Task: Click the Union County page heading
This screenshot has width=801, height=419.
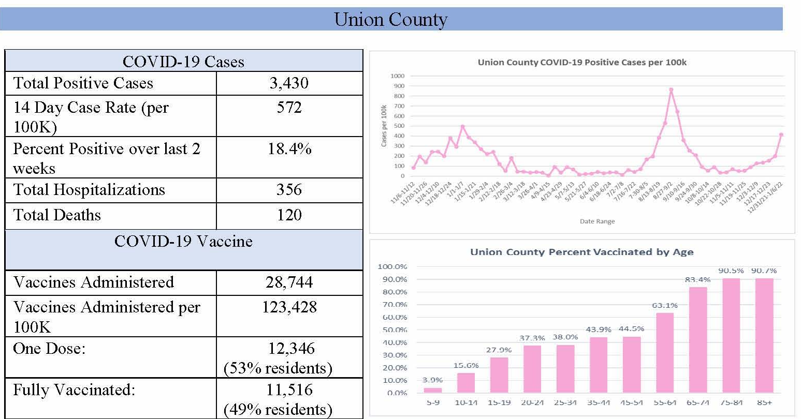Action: [391, 19]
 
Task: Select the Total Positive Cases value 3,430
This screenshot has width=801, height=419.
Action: [289, 83]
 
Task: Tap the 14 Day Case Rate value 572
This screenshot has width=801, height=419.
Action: [289, 108]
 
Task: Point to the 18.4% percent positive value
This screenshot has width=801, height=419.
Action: [289, 149]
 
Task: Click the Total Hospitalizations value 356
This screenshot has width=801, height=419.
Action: [289, 189]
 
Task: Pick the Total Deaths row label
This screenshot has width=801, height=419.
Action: [57, 215]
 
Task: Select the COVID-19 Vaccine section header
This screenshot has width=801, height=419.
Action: [183, 242]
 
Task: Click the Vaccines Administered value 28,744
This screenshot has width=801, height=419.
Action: [289, 282]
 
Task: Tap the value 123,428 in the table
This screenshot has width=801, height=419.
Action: [289, 307]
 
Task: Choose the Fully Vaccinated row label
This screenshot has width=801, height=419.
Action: [74, 390]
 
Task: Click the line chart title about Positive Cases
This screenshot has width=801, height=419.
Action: [582, 63]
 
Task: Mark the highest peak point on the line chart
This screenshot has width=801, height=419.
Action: [671, 90]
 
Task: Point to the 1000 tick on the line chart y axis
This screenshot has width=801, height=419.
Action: [398, 76]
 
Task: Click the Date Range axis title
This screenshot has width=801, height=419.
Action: [597, 221]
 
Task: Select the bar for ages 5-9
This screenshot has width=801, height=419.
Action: [433, 390]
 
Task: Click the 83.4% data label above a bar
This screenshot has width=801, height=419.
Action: [697, 279]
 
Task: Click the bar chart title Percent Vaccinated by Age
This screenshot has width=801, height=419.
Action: [581, 252]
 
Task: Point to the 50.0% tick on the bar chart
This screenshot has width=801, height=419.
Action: [392, 330]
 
